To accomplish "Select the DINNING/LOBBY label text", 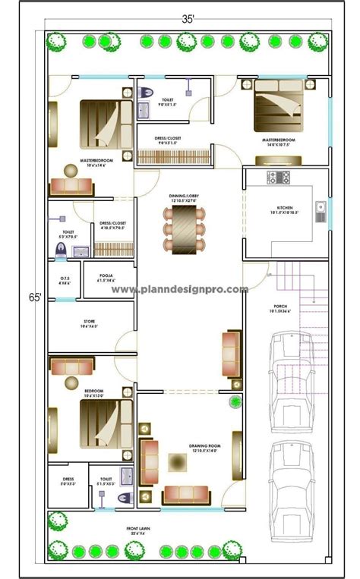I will (182, 197).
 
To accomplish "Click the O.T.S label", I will (64, 279).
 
